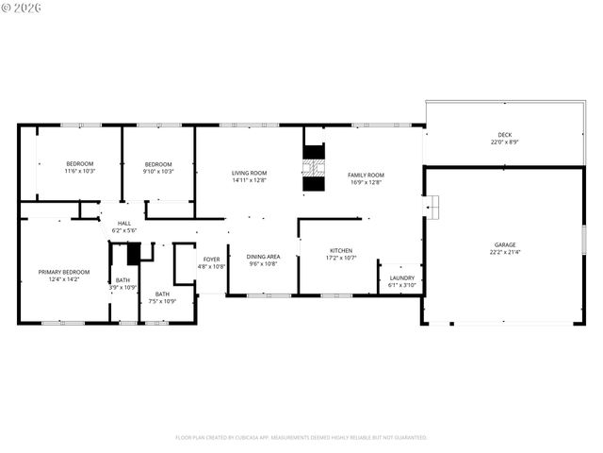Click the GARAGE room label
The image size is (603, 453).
(x=504, y=243)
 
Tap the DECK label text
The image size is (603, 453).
(x=504, y=134)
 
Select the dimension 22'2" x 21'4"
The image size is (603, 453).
(x=504, y=252)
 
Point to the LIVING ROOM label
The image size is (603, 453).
(x=250, y=173)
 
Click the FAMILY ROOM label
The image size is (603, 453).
(x=366, y=175)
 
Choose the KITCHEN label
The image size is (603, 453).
(x=340, y=250)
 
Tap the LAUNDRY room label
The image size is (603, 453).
(x=402, y=277)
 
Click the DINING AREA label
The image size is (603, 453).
(x=263, y=257)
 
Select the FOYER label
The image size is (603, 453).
(x=212, y=259)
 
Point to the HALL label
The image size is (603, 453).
(x=124, y=223)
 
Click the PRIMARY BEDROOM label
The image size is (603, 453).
(x=64, y=271)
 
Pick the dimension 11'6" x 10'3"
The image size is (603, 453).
(x=81, y=172)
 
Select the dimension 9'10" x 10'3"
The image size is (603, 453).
(x=158, y=172)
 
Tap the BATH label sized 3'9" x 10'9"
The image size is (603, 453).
(x=123, y=279)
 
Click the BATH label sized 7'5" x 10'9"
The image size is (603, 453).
(x=163, y=294)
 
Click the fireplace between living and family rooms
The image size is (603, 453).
(x=314, y=167)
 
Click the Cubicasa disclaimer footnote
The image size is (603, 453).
(x=301, y=437)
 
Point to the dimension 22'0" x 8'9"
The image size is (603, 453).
(x=504, y=143)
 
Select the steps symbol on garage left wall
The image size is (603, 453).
(x=432, y=207)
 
